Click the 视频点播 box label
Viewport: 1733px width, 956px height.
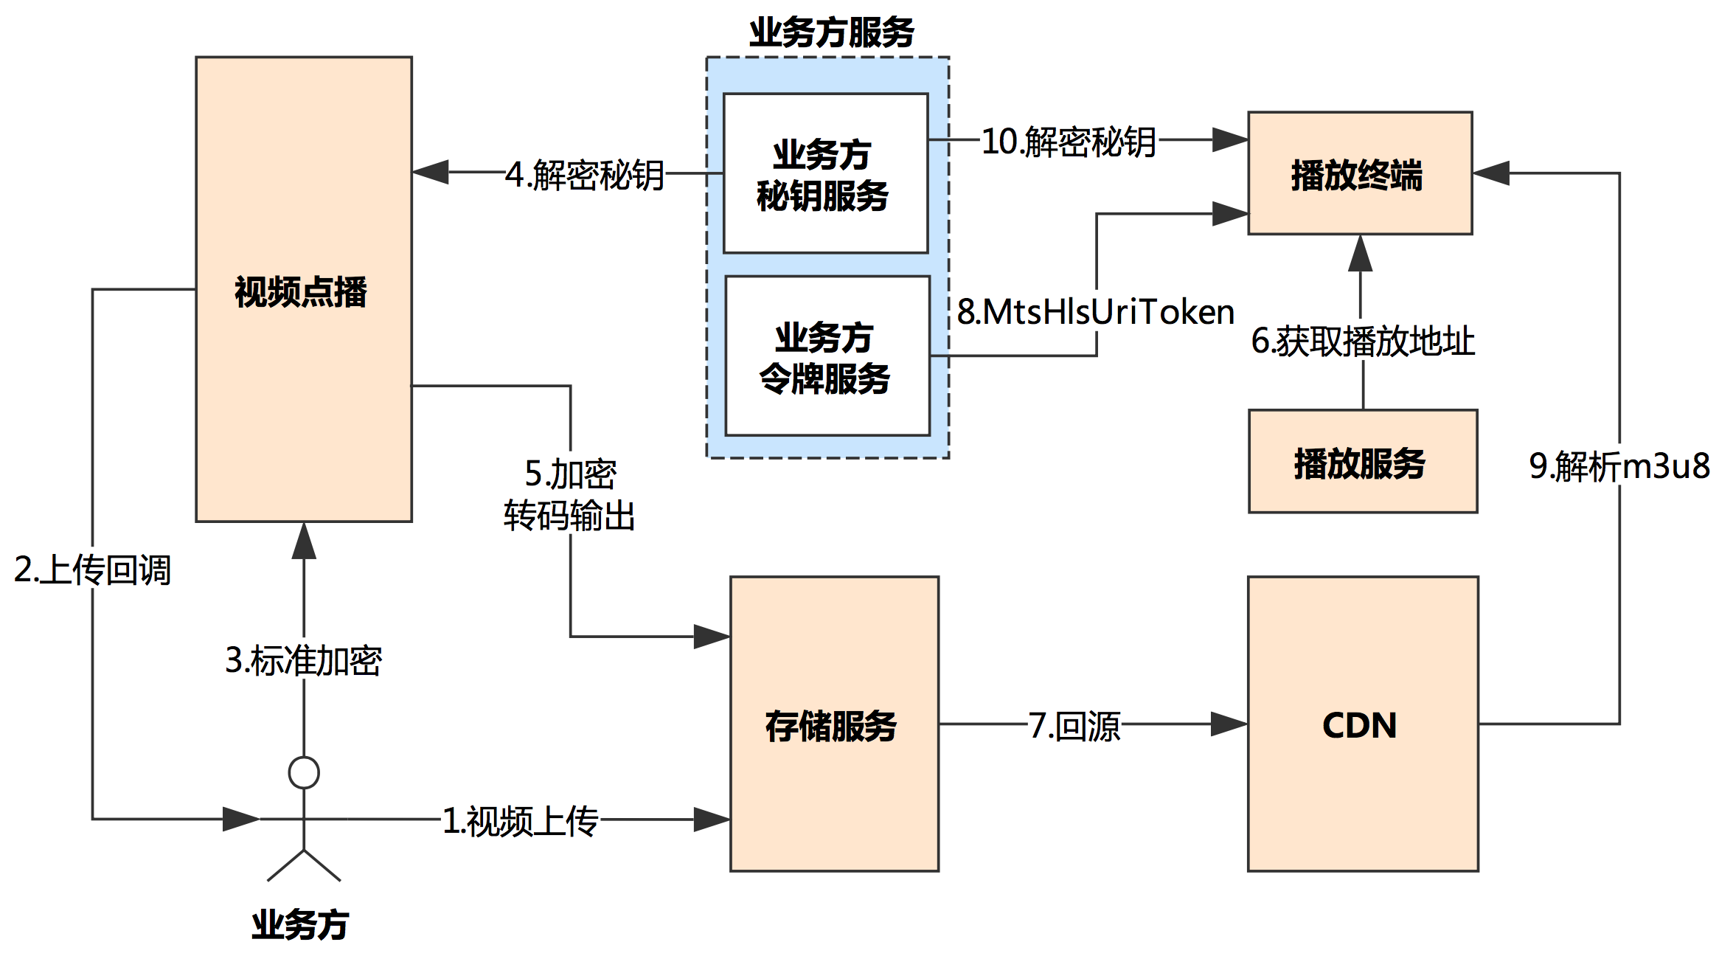pos(301,292)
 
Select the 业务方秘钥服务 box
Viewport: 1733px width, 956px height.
pos(824,174)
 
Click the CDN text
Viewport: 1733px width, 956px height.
pos(1360,726)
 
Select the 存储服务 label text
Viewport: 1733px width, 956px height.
pos(831,726)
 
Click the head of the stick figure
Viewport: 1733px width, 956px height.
pos(303,773)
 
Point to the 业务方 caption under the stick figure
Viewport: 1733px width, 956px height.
pos(300,925)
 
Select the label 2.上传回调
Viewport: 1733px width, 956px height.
pos(92,570)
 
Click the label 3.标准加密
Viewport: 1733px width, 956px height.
pos(303,660)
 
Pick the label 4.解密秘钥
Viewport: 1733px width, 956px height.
pos(585,176)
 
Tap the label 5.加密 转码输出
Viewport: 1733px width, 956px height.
pos(569,494)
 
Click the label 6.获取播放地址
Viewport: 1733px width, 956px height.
pos(1363,342)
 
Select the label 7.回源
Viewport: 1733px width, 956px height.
pos(1074,726)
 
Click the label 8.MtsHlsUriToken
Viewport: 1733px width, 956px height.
pos(1095,312)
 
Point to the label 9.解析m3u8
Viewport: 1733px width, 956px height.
pos(1619,466)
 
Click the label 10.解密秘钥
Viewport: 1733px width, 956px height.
pos(1068,142)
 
